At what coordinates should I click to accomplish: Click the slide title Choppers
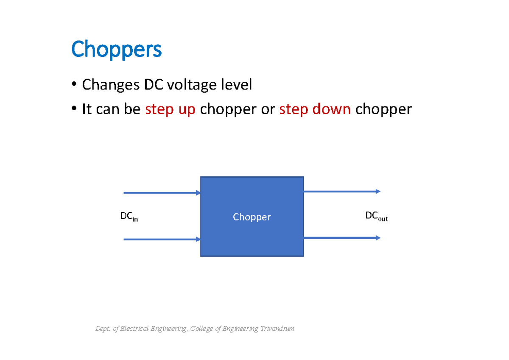pos(116,50)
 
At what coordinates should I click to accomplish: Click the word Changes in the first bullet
pos(111,85)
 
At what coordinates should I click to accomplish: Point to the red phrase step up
pos(170,110)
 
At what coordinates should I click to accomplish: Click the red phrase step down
pos(315,109)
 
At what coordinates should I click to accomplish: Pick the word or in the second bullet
pos(268,110)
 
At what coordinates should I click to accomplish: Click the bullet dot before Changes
pos(74,84)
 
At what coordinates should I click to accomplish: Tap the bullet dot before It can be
pos(74,109)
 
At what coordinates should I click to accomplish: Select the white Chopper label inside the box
pos(252,217)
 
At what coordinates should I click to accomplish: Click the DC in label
pos(129,216)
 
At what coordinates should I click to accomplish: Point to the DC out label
pos(377,216)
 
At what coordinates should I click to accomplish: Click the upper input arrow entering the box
pos(162,193)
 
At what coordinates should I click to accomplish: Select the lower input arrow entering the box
pos(162,240)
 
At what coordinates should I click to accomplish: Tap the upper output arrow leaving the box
pos(342,192)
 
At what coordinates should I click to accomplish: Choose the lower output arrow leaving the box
pos(342,238)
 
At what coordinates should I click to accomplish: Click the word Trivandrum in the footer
pos(277,329)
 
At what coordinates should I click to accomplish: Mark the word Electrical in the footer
pos(134,329)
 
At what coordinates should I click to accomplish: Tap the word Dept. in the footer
pos(103,329)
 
